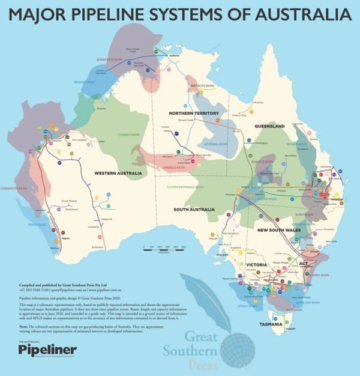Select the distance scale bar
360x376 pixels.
tap(164, 247)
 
